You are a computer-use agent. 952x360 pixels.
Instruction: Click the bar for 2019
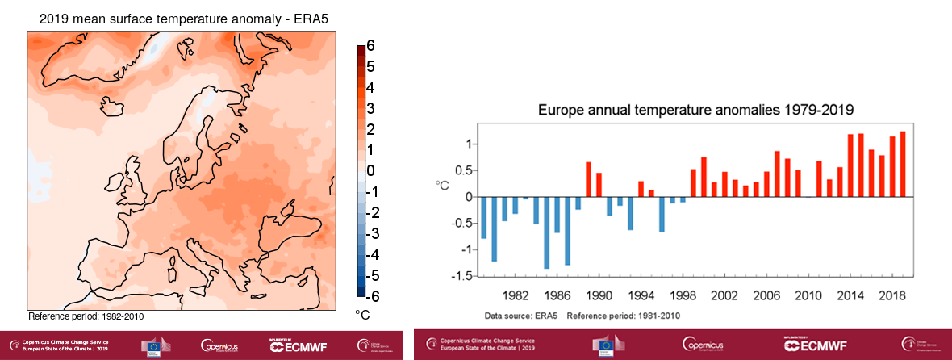coord(903,164)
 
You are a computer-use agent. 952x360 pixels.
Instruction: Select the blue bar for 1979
coord(483,217)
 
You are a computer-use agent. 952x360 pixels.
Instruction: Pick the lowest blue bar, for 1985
coord(546,232)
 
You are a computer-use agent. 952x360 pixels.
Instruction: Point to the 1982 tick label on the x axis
coord(516,296)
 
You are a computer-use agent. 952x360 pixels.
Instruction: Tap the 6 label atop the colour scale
coord(370,46)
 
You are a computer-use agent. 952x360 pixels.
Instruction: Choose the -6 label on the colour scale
coord(368,295)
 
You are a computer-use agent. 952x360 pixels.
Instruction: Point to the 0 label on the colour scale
coord(370,170)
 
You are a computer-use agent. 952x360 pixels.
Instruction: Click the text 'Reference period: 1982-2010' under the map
coord(86,316)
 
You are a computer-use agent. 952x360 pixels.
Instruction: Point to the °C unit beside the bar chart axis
coord(442,185)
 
